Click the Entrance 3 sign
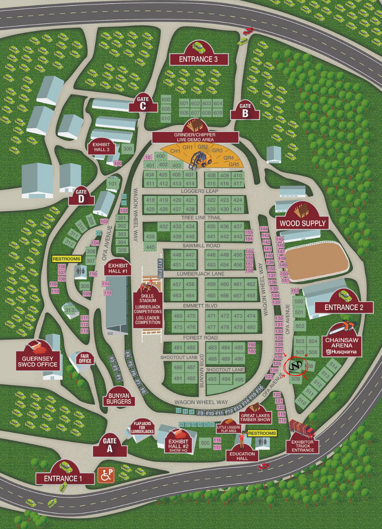(198, 59)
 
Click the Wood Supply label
(302, 223)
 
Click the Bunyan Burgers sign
(119, 399)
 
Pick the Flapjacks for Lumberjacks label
(143, 428)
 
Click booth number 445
(151, 247)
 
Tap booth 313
(70, 310)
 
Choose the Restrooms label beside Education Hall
(262, 433)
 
